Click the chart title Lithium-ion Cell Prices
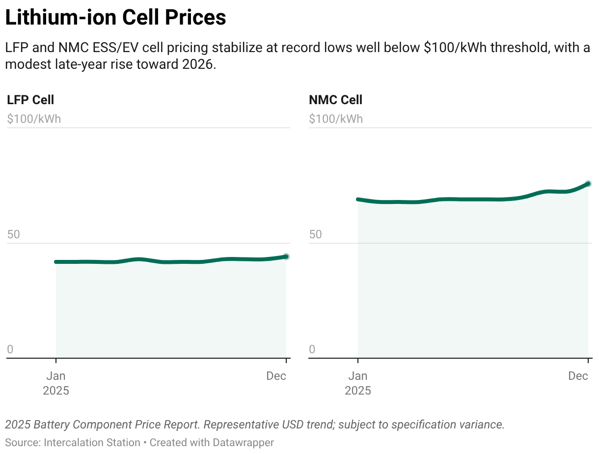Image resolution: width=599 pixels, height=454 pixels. tap(115, 18)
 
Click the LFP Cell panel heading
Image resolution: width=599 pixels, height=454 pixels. tap(30, 100)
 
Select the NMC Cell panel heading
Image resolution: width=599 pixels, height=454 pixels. tap(335, 100)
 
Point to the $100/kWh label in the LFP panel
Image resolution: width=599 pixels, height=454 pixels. tap(34, 119)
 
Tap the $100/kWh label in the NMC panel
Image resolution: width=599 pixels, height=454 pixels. tap(336, 119)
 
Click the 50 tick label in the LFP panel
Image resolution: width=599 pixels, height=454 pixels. tap(13, 234)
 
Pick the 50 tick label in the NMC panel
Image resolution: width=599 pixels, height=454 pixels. tap(315, 234)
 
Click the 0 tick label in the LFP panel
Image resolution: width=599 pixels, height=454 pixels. tap(10, 350)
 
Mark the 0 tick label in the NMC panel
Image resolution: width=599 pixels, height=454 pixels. tap(312, 350)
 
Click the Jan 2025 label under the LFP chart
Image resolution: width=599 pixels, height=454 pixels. tap(56, 383)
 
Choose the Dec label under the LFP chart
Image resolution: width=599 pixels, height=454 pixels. tap(276, 376)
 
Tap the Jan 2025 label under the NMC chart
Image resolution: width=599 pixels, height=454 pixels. tap(358, 383)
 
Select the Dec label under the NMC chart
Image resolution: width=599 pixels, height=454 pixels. tap(578, 376)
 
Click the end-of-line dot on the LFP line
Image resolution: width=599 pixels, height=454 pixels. tap(286, 256)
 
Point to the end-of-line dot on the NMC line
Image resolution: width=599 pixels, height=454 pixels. tap(588, 184)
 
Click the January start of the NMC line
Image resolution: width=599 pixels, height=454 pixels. tap(358, 199)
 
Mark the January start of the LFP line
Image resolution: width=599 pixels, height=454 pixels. tap(56, 262)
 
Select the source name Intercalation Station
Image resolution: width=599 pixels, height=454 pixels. tap(92, 442)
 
